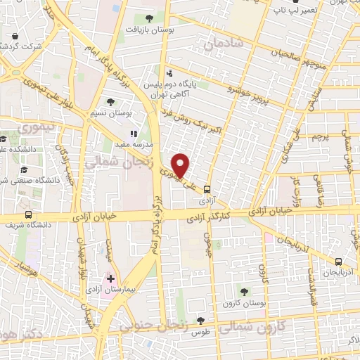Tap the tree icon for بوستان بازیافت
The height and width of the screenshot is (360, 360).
click(x=148, y=18)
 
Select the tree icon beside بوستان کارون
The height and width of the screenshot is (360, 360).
click(x=244, y=291)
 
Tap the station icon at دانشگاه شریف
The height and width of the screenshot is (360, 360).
click(x=28, y=214)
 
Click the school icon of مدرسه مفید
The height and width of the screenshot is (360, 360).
click(x=133, y=134)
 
